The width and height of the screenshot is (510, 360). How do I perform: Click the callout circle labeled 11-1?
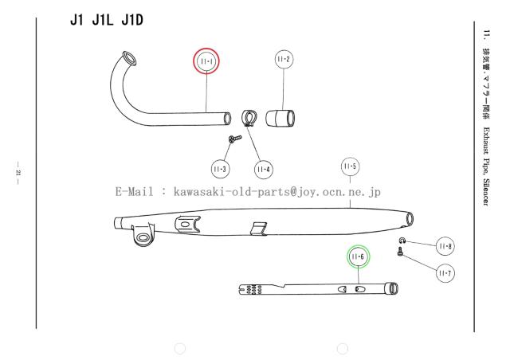tap(206, 61)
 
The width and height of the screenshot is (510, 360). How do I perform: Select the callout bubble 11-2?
tap(284, 59)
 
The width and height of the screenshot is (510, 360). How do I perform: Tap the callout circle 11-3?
tap(220, 169)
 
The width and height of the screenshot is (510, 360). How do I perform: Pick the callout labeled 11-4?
tap(264, 170)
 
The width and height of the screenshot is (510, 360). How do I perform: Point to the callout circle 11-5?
tap(351, 166)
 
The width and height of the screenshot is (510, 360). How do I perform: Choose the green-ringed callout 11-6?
tap(358, 257)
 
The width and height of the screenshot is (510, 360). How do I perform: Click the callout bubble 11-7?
tap(445, 273)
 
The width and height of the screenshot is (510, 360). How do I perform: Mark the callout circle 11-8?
tap(445, 246)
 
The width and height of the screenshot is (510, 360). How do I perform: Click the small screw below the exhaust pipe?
tap(235, 139)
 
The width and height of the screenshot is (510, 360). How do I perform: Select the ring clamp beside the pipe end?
tap(249, 118)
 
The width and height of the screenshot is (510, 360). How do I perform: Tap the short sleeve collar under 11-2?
tap(280, 118)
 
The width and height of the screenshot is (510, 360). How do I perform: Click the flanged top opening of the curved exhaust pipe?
tap(129, 58)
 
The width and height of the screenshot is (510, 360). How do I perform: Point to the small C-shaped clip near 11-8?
tap(402, 241)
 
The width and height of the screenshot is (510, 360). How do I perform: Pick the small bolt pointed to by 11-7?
tap(400, 251)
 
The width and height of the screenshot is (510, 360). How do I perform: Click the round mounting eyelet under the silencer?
tap(142, 237)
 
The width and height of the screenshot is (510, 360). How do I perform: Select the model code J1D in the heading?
tap(132, 21)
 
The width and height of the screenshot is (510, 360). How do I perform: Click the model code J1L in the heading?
tap(103, 21)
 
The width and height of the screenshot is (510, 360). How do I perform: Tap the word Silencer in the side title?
tap(485, 192)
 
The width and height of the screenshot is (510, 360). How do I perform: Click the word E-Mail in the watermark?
tap(134, 192)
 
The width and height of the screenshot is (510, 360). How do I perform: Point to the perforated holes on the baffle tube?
tap(254, 289)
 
